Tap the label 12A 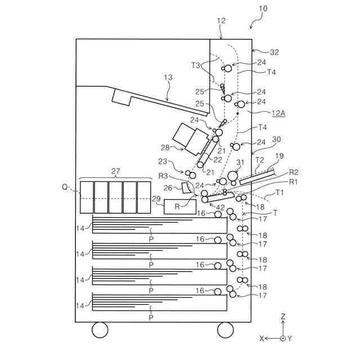278,113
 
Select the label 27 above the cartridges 116,171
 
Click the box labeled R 176,207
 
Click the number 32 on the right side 274,52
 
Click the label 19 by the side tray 280,156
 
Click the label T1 280,193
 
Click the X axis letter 262,338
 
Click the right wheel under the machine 225,330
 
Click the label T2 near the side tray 259,160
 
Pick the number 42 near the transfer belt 221,207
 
